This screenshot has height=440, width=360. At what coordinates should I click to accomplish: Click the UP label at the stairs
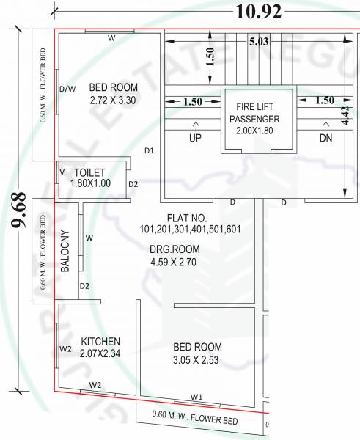click(x=196, y=138)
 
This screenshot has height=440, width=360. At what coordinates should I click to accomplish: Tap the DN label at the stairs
click(x=326, y=138)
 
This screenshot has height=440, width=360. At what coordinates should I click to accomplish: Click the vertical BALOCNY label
click(x=65, y=254)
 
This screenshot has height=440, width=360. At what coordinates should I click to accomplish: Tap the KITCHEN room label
click(x=100, y=342)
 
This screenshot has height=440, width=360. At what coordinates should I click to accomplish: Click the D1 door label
click(x=149, y=151)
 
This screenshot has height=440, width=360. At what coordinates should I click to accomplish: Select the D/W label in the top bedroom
click(x=67, y=89)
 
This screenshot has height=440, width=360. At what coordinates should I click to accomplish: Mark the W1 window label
click(x=196, y=397)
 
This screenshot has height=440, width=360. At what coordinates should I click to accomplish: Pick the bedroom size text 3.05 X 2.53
click(x=197, y=359)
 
